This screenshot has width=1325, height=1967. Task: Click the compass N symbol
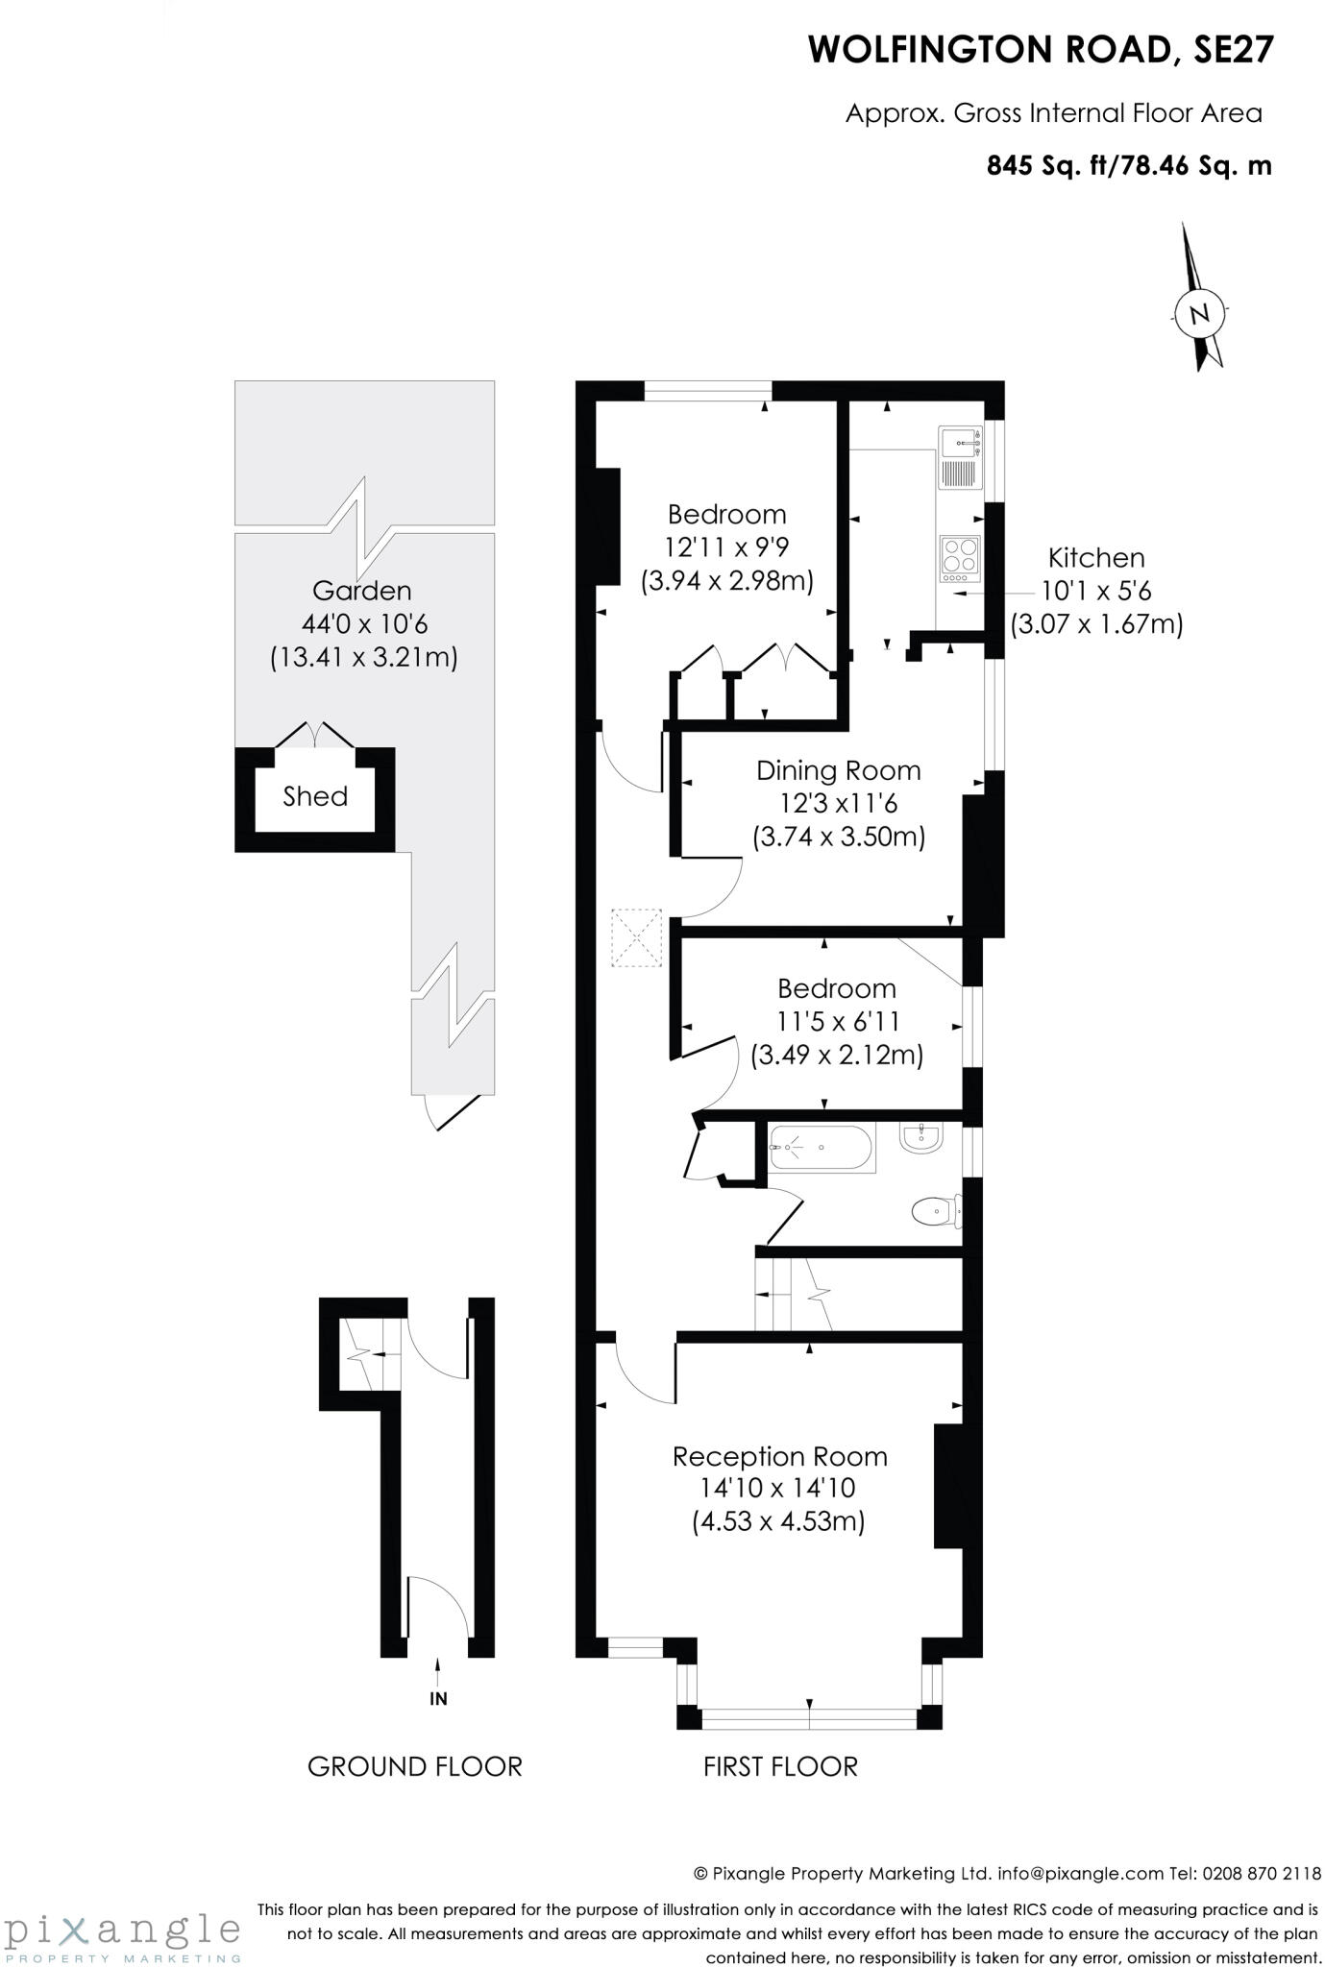pyautogui.click(x=1199, y=314)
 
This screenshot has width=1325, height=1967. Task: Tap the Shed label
pyautogui.click(x=315, y=796)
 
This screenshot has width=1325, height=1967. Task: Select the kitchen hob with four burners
pyautogui.click(x=960, y=558)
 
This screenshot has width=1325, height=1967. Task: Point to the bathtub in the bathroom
pyautogui.click(x=822, y=1147)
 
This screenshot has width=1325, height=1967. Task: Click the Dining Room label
pyautogui.click(x=838, y=770)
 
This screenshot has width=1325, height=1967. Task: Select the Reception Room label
pyautogui.click(x=779, y=1456)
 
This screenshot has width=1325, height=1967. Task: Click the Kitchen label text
pyautogui.click(x=1095, y=558)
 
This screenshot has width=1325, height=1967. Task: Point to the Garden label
pyautogui.click(x=362, y=591)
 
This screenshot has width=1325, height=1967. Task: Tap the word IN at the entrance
pyautogui.click(x=438, y=1699)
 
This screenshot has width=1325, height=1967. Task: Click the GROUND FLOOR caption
pyautogui.click(x=414, y=1766)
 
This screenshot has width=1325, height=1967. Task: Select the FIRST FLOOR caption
pyautogui.click(x=780, y=1766)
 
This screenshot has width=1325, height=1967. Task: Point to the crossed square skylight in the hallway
pyautogui.click(x=637, y=937)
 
